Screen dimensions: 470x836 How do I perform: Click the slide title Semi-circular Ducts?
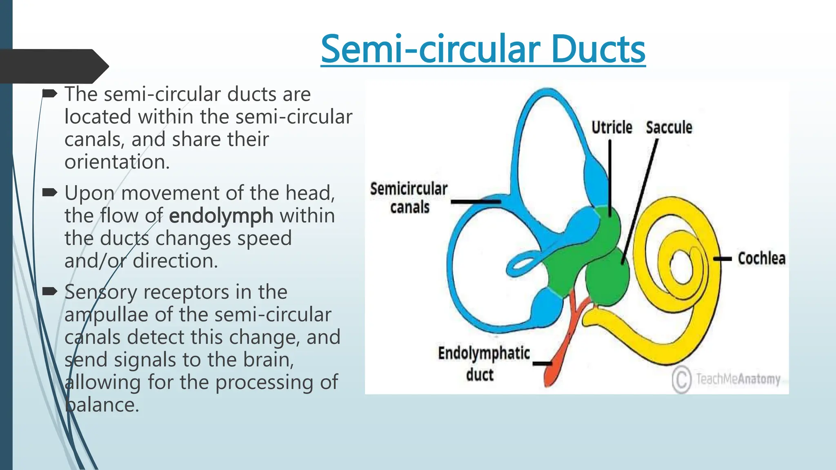click(483, 49)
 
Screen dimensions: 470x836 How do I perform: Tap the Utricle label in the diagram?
click(611, 128)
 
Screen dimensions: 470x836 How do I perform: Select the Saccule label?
click(669, 128)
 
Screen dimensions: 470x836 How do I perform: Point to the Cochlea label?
click(761, 259)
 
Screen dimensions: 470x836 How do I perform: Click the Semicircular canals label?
click(409, 198)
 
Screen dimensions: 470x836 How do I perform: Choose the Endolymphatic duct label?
click(483, 363)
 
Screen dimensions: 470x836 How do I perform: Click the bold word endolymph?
click(221, 216)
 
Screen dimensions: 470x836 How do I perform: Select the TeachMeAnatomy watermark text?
click(738, 379)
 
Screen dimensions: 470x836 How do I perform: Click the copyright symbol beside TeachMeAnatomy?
click(681, 379)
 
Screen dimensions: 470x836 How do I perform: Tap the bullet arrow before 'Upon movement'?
click(50, 192)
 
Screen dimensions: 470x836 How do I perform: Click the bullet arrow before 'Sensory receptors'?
click(50, 291)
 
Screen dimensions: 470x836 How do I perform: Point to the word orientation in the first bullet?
click(117, 162)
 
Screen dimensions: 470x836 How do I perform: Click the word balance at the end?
click(102, 405)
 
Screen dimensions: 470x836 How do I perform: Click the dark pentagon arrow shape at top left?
click(53, 66)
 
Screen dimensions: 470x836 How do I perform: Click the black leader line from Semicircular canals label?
click(476, 202)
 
